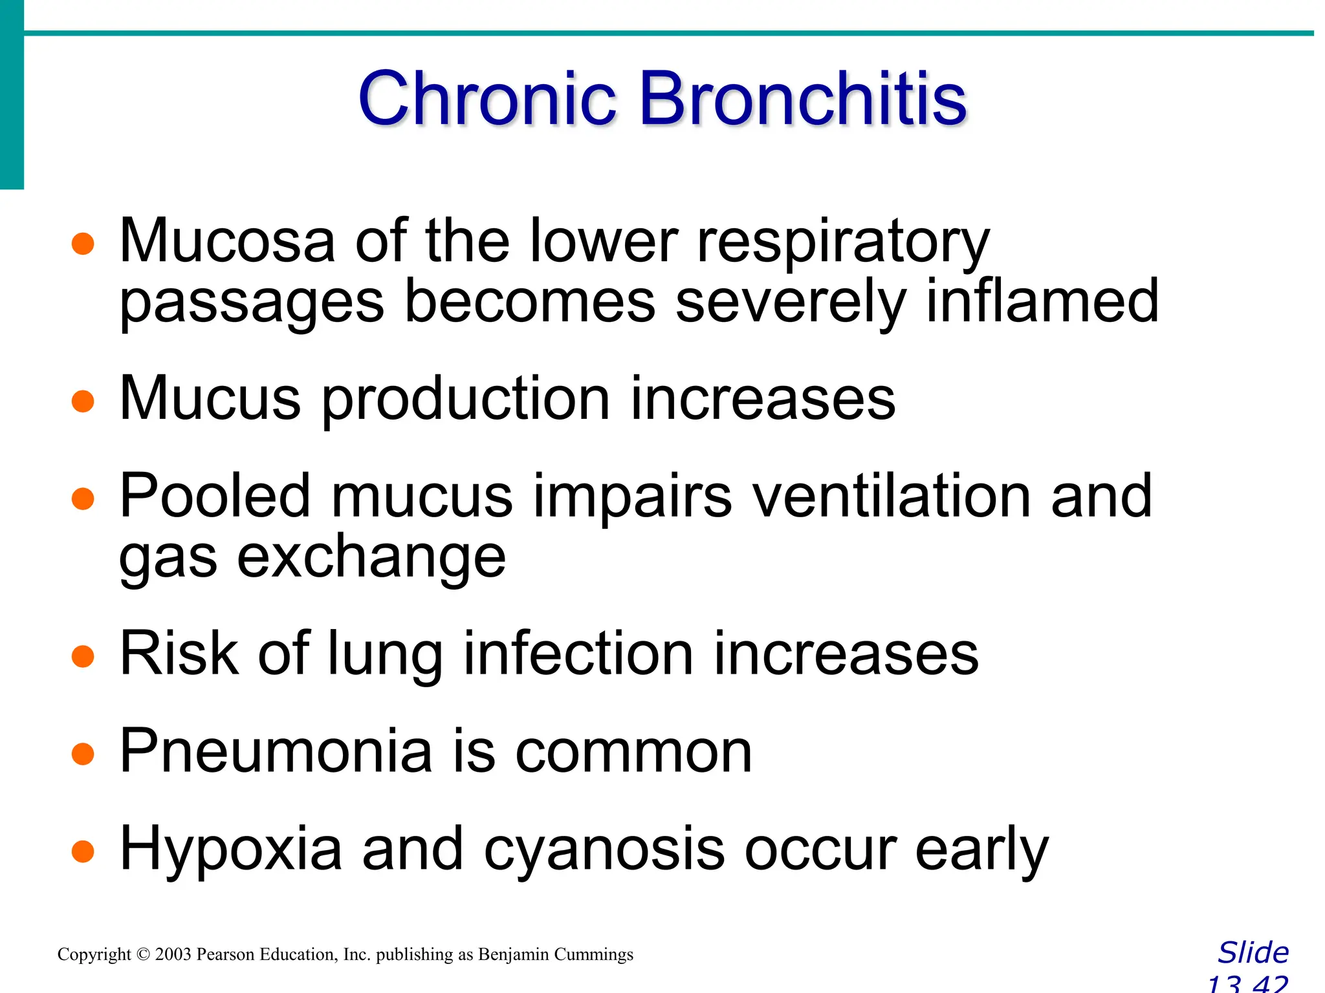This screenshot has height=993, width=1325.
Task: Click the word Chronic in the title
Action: click(487, 99)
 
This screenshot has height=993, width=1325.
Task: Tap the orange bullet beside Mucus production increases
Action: click(83, 401)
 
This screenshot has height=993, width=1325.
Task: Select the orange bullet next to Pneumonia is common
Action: click(83, 754)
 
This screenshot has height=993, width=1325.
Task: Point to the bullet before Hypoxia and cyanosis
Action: click(83, 851)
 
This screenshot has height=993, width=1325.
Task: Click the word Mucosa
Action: click(227, 241)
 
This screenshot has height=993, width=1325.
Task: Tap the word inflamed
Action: click(1042, 301)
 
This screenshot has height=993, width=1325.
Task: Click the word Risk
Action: click(179, 654)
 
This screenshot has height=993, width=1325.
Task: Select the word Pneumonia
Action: click(276, 751)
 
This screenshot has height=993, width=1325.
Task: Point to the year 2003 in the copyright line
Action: click(173, 955)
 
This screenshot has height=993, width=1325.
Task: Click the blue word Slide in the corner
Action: click(1253, 953)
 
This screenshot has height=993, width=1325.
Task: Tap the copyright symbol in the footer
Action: click(143, 955)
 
